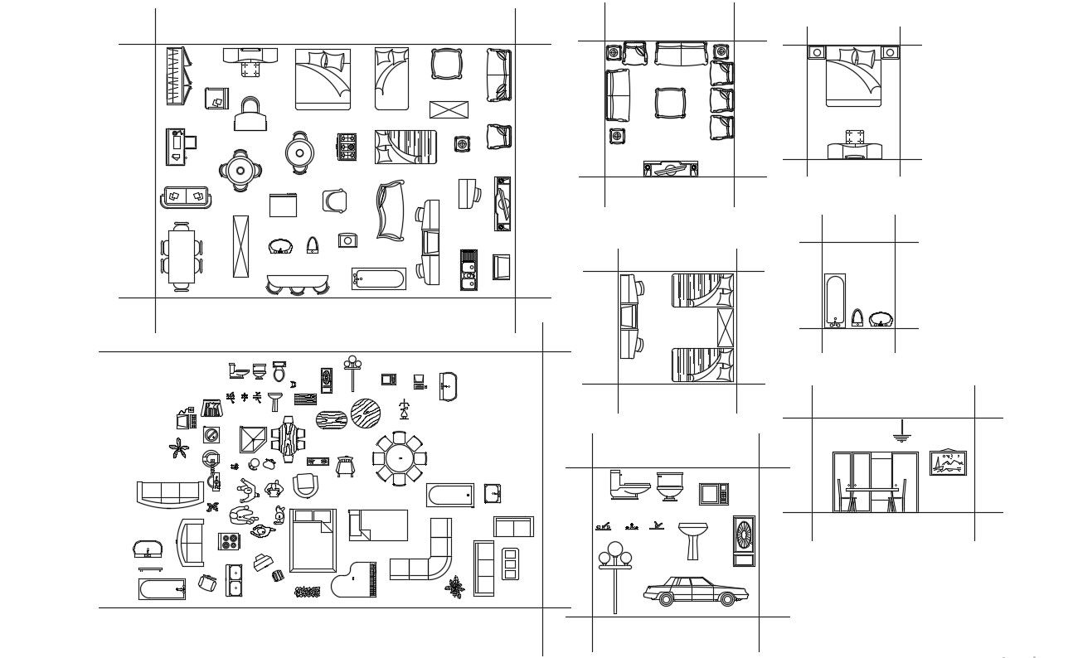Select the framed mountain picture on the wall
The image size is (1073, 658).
tap(948, 463)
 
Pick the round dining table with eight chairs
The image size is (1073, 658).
tap(399, 457)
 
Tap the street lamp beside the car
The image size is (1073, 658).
tap(614, 564)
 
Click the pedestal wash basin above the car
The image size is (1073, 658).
tap(690, 539)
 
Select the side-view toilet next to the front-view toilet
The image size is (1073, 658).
tap(629, 486)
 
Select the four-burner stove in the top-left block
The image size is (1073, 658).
tap(347, 147)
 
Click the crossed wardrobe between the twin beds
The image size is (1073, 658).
tap(725, 327)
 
